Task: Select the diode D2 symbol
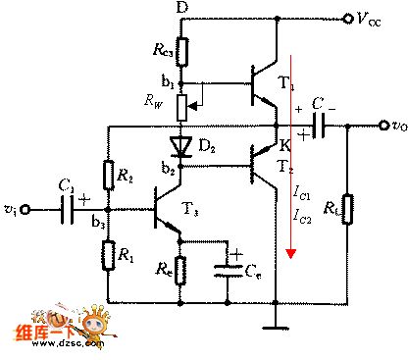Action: click(x=181, y=147)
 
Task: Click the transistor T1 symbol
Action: click(x=262, y=83)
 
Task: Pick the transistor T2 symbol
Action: click(x=262, y=167)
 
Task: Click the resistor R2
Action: click(x=107, y=177)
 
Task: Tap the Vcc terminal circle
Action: click(x=346, y=17)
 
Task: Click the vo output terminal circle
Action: click(x=382, y=125)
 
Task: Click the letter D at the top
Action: click(x=180, y=8)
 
